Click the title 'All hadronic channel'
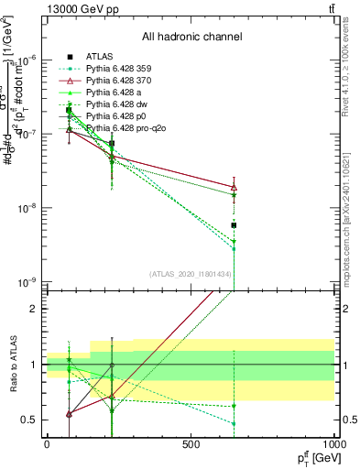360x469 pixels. click(x=191, y=37)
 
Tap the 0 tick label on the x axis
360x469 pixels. click(x=47, y=444)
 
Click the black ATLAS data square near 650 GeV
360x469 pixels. click(x=234, y=224)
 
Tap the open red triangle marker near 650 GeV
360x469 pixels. click(x=234, y=187)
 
